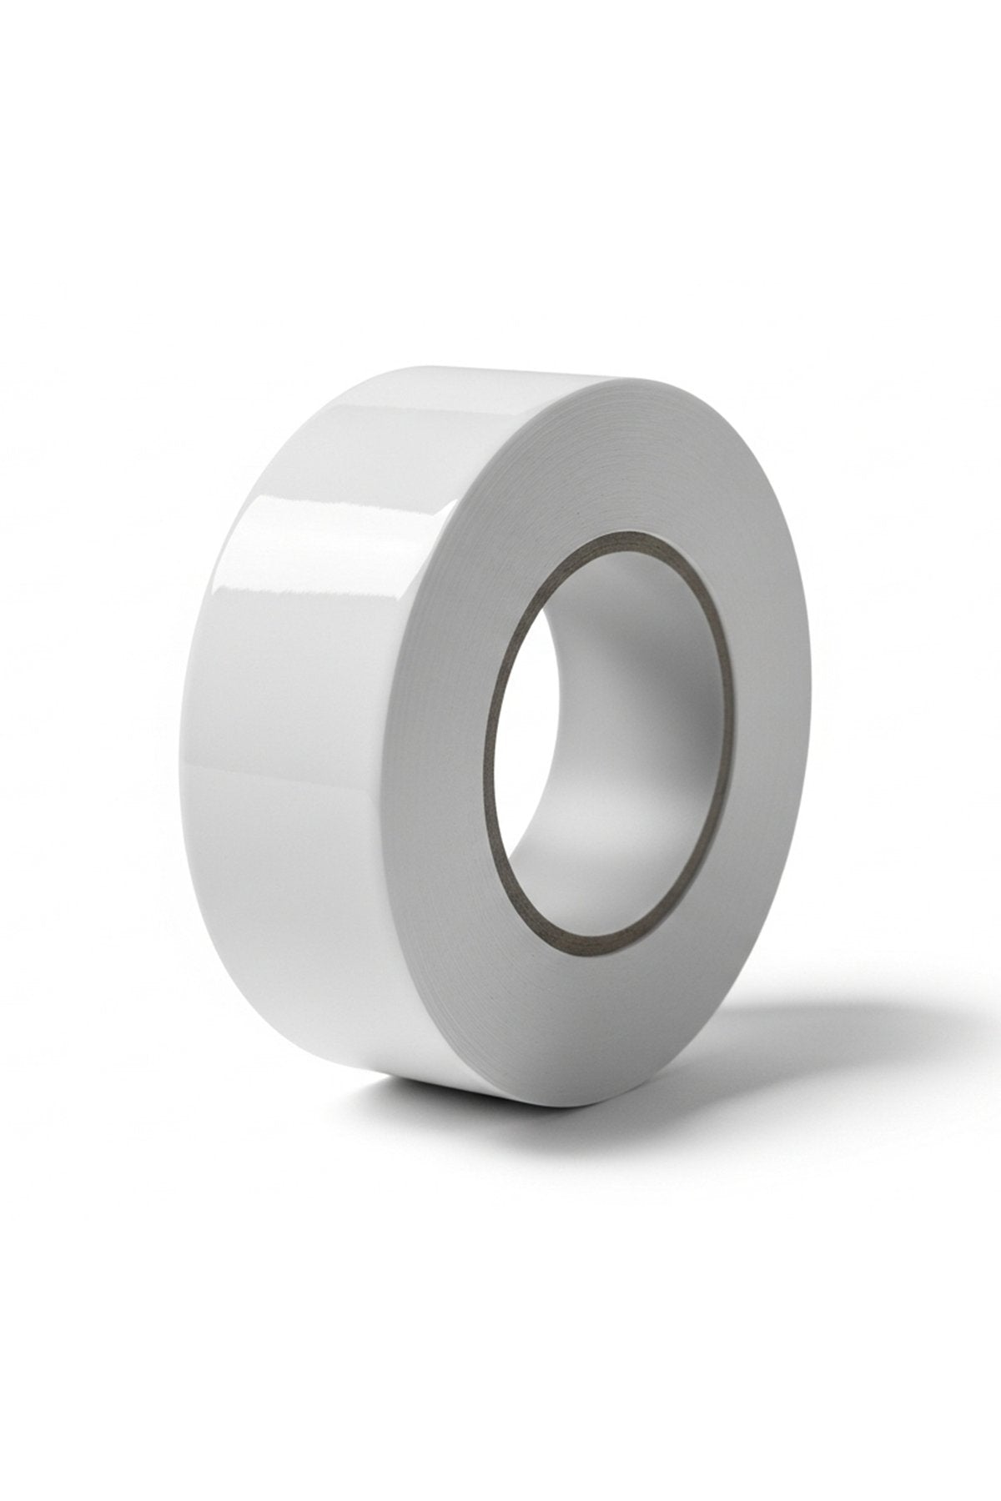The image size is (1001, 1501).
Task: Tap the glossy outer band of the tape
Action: [317, 750]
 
